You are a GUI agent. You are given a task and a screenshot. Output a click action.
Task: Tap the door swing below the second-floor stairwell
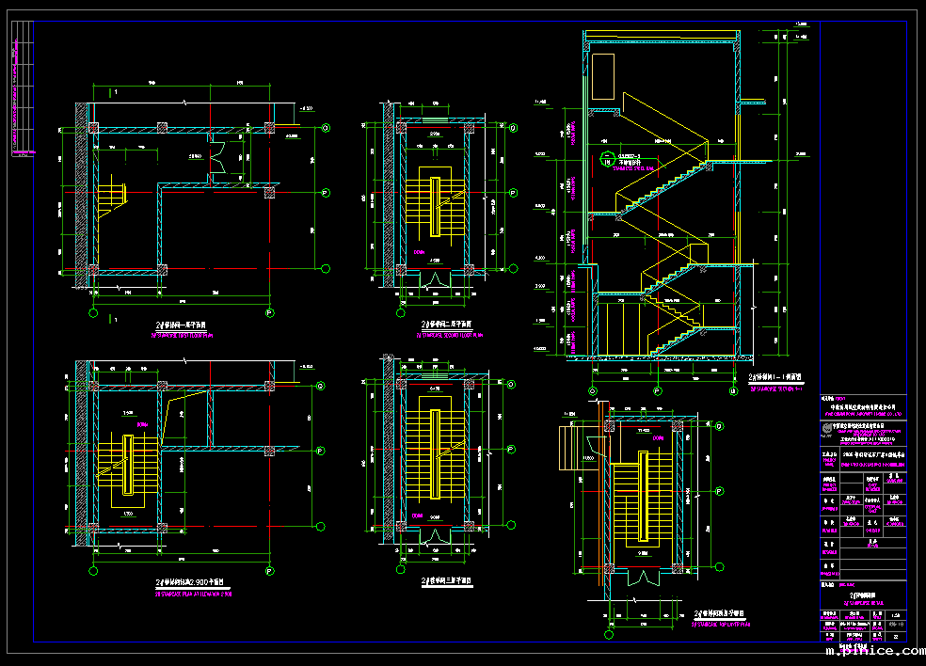click(435, 279)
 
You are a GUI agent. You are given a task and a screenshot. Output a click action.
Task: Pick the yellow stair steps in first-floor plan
click(114, 195)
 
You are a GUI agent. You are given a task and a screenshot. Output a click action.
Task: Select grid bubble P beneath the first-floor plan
click(270, 312)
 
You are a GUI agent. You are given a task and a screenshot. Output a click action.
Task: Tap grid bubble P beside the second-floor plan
click(514, 197)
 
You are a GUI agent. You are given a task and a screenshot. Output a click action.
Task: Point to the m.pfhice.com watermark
click(872, 651)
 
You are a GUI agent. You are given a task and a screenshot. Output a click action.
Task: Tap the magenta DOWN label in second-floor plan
click(419, 252)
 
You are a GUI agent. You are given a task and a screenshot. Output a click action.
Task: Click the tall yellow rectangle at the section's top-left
click(602, 79)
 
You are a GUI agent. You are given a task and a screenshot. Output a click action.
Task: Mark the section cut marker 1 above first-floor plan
click(114, 93)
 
